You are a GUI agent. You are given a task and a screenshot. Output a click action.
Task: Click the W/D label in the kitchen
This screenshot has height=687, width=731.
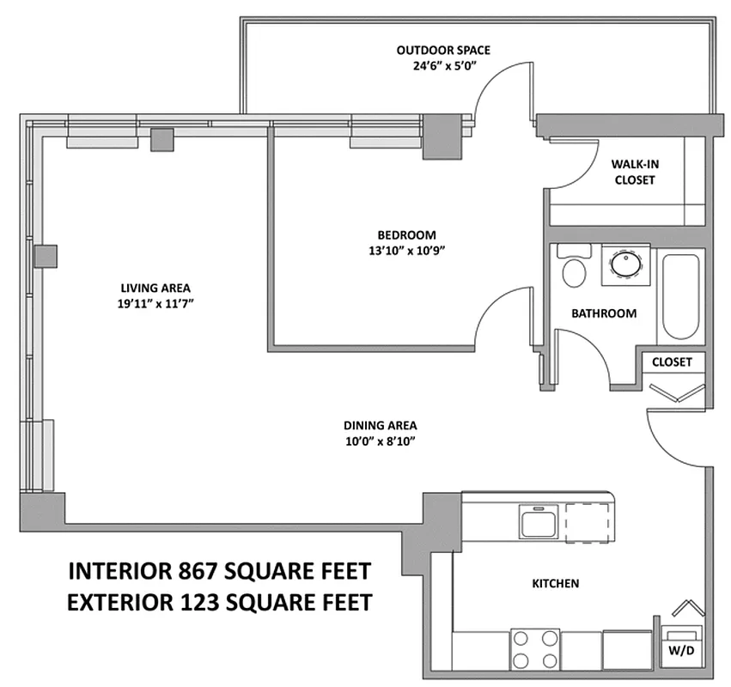coord(679,650)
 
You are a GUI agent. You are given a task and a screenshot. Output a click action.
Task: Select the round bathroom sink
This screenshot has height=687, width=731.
coord(626,264)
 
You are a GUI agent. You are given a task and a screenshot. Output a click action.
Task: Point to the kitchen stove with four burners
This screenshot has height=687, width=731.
coord(533,650)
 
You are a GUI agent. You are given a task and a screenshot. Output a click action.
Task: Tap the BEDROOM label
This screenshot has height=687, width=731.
coord(406,234)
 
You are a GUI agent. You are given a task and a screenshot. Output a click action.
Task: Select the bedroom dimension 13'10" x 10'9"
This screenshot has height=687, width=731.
coord(406,251)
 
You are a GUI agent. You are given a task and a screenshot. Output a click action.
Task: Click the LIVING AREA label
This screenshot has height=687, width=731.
coord(155,288)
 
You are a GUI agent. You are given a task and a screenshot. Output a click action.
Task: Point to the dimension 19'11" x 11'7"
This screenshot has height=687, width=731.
coord(155,304)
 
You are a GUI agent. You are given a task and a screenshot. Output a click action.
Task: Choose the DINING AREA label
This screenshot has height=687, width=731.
coord(381,425)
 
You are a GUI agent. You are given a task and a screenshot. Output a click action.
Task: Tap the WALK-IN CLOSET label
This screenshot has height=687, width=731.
coord(634,172)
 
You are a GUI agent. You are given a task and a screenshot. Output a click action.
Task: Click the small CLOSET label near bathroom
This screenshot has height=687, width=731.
coord(672,362)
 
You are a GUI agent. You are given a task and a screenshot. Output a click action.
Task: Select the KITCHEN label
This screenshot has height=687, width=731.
coord(556,583)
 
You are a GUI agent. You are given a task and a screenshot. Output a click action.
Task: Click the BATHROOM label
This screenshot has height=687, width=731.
coord(604,313)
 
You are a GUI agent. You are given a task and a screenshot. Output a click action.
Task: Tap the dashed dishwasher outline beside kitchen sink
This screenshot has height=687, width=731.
coord(588,520)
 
